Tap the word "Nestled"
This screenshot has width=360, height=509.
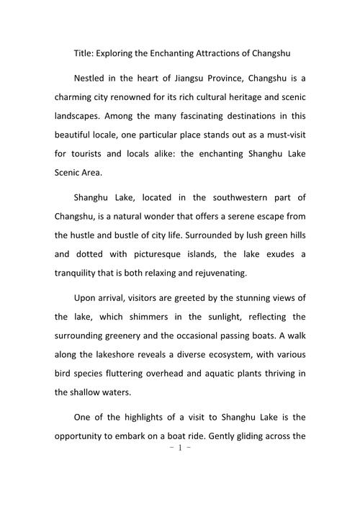(92, 78)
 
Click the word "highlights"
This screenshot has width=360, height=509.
(148, 417)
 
